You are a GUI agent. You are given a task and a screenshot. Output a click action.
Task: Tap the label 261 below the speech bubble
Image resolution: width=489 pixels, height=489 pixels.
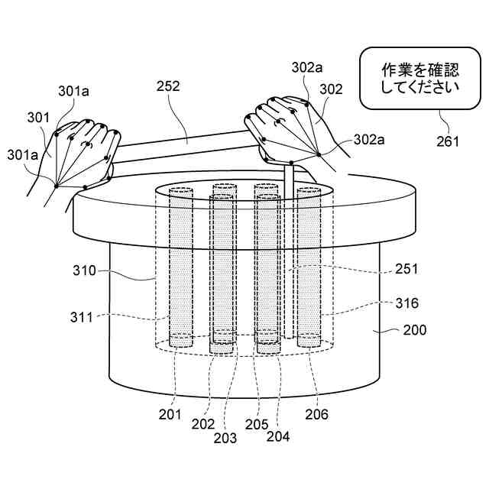[449, 141]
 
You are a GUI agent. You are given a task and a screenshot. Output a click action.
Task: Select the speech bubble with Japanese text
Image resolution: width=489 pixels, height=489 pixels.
[419, 79]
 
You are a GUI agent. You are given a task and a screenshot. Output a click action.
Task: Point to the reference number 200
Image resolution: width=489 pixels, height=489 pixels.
[415, 331]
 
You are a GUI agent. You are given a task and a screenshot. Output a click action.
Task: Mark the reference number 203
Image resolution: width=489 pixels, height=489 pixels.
[225, 438]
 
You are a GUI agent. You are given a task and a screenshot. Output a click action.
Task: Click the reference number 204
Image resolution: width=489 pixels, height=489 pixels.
[279, 437]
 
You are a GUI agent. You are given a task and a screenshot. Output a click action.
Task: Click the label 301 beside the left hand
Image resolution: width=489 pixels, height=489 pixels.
[37, 118]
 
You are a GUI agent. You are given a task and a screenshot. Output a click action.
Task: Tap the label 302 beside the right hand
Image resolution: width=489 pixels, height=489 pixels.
[332, 89]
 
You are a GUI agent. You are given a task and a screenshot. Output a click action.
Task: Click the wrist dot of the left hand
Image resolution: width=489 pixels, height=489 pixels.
[57, 183]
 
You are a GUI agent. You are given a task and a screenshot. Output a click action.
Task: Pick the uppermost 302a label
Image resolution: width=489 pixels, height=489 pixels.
[306, 67]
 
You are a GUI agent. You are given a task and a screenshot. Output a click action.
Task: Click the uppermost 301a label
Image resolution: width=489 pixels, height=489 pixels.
[73, 91]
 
